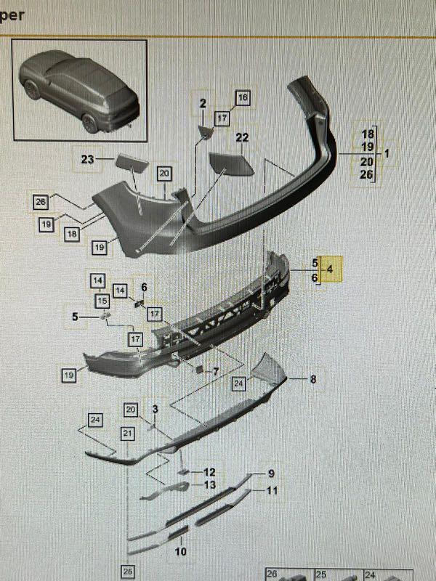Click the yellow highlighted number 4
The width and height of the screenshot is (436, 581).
point(330,269)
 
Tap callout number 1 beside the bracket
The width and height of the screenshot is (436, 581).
point(387,153)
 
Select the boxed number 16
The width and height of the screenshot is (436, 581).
point(242,97)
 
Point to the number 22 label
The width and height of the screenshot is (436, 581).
point(241,137)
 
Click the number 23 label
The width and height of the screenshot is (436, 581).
point(88,159)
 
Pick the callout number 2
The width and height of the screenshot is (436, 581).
point(203,105)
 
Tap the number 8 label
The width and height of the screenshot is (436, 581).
point(313,378)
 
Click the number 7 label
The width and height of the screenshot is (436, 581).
point(215,371)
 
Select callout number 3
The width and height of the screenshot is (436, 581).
point(154,411)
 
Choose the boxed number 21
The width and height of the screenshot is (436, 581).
point(127,434)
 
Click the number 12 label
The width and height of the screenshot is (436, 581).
point(209,471)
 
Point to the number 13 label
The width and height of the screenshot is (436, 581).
point(209,484)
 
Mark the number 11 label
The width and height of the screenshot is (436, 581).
point(272,491)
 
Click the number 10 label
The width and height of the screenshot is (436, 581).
point(181,551)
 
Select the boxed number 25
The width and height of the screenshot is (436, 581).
point(127,571)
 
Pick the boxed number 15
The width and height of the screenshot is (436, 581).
point(102,300)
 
